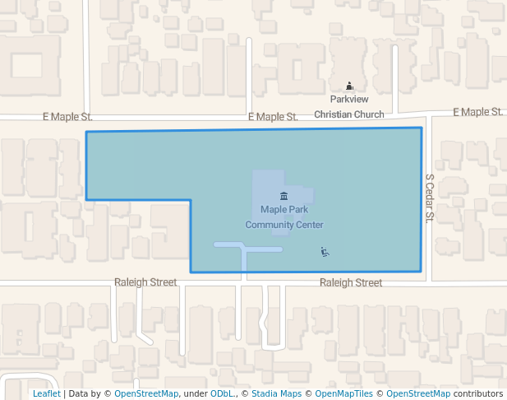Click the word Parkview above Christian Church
coord(349,100)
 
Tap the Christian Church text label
coord(349,114)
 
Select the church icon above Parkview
coord(349,86)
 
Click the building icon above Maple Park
coord(283,196)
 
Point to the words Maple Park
coord(283,210)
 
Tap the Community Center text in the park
coord(283,225)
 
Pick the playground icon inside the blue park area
coord(325,252)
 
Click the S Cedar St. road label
coord(429,198)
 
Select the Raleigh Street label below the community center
coord(351,283)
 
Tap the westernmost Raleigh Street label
coord(145,282)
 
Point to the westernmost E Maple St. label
coord(67,118)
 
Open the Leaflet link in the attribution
coord(46,394)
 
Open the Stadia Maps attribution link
coord(276,394)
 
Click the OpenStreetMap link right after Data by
coord(146,394)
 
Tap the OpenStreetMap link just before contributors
coord(417,394)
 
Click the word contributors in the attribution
coord(477,394)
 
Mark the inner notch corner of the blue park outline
coord(191,200)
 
